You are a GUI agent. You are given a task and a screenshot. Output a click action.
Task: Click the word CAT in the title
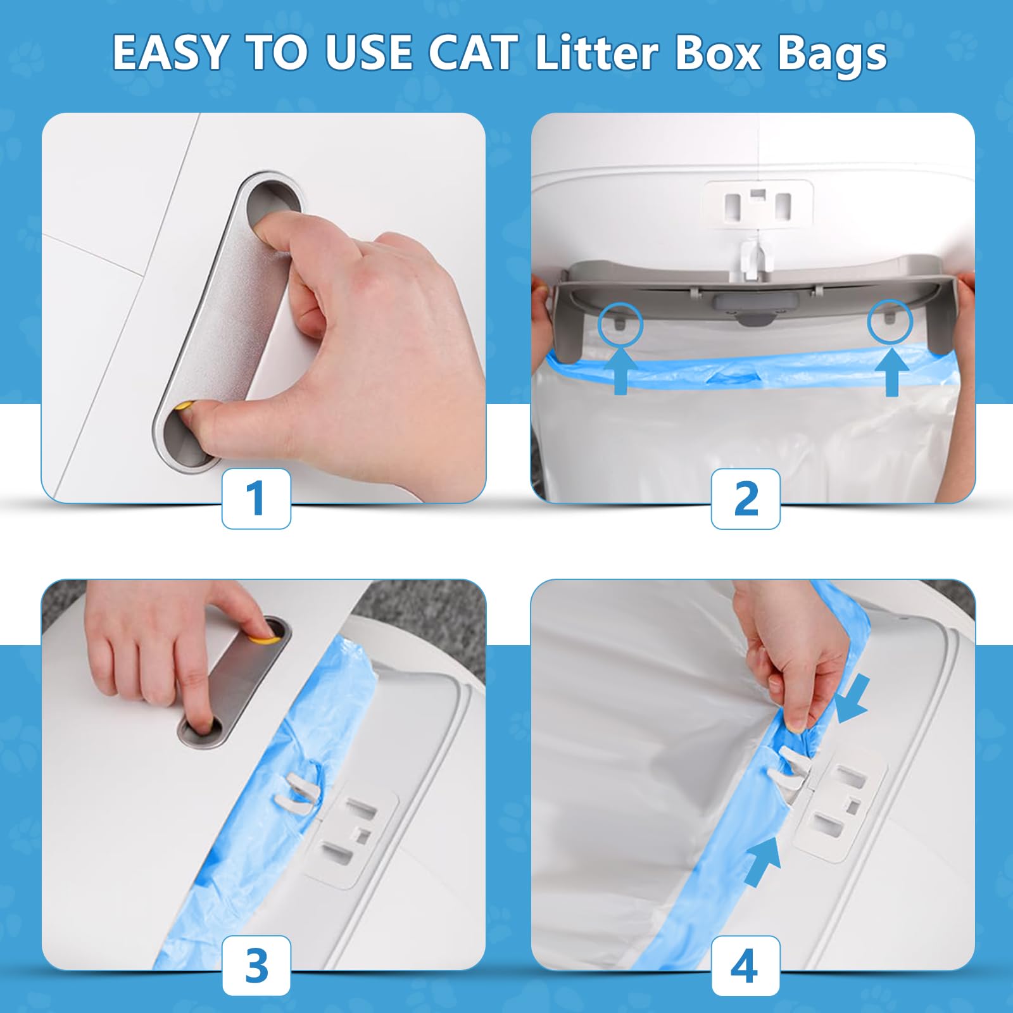pos(472,53)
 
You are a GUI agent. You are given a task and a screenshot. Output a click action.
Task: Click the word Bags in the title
pos(831,54)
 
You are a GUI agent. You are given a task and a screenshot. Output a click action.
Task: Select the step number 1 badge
pos(256,498)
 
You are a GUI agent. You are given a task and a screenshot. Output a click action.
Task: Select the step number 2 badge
pos(745,498)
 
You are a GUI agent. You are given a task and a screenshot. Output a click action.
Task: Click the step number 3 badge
pos(256,966)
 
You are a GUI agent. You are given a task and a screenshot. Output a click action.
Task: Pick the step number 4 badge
pos(745,966)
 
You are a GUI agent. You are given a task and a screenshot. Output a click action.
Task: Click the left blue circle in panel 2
pos(620,324)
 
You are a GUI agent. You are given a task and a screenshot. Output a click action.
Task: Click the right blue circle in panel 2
pos(890,320)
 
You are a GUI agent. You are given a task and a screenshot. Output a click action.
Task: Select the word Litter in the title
pos(596,53)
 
